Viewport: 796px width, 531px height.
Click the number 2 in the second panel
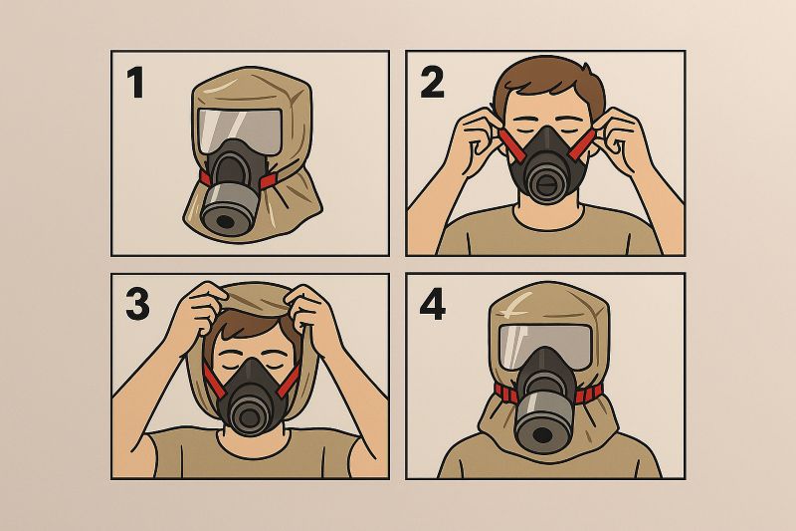432,83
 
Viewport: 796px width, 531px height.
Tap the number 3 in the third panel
137,305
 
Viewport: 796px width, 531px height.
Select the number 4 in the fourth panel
433,305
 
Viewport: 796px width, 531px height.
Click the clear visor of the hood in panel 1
240,130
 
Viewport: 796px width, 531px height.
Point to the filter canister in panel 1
226,209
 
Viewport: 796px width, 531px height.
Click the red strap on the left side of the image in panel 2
511,143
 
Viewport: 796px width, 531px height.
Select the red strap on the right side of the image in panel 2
583,143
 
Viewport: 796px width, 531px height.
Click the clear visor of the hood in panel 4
545,346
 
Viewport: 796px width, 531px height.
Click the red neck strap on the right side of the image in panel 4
588,394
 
